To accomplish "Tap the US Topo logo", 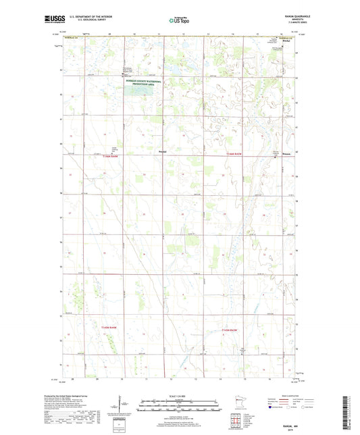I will (179, 21).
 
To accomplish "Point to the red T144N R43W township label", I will (232, 155).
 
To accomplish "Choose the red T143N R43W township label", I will (231, 329).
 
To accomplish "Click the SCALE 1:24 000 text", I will (180, 395).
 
